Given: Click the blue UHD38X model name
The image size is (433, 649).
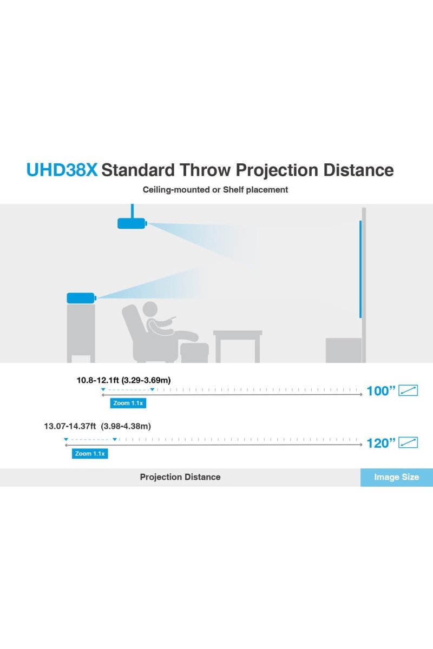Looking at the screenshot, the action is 62,170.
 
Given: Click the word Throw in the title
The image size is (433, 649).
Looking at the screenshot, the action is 205,170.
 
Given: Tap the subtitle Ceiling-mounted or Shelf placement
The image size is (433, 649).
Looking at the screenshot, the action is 215,190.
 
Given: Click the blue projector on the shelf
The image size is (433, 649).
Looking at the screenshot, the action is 81,298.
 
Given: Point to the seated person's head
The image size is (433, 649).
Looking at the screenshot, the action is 150,309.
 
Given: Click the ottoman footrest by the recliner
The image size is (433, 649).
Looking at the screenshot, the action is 194,353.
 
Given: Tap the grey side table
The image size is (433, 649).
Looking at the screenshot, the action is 238,347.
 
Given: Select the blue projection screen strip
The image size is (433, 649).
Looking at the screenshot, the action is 360,269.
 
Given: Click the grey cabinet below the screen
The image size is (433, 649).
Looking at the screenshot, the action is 343,350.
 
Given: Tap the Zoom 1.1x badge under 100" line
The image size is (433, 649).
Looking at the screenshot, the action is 128,403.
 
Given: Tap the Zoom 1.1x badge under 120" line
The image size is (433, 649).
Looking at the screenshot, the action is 90,453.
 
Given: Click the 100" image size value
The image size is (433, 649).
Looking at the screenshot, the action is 381,391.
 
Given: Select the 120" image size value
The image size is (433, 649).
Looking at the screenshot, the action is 381,443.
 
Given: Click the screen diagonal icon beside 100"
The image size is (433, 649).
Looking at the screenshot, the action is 408,390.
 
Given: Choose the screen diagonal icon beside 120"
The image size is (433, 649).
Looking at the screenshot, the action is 408,442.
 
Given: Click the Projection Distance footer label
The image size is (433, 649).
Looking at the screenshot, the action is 180,477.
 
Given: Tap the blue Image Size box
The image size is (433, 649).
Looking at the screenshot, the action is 397,477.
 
